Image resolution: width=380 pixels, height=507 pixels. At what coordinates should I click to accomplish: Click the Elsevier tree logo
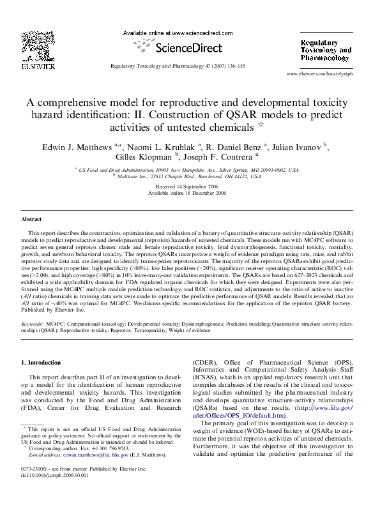(29, 44)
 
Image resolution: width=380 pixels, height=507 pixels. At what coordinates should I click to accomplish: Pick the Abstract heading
(31, 219)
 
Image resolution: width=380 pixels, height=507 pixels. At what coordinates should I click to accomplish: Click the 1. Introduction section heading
(42, 363)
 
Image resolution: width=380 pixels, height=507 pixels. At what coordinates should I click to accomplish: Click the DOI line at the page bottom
(50, 492)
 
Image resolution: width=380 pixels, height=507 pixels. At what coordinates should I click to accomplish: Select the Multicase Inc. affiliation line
(190, 176)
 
